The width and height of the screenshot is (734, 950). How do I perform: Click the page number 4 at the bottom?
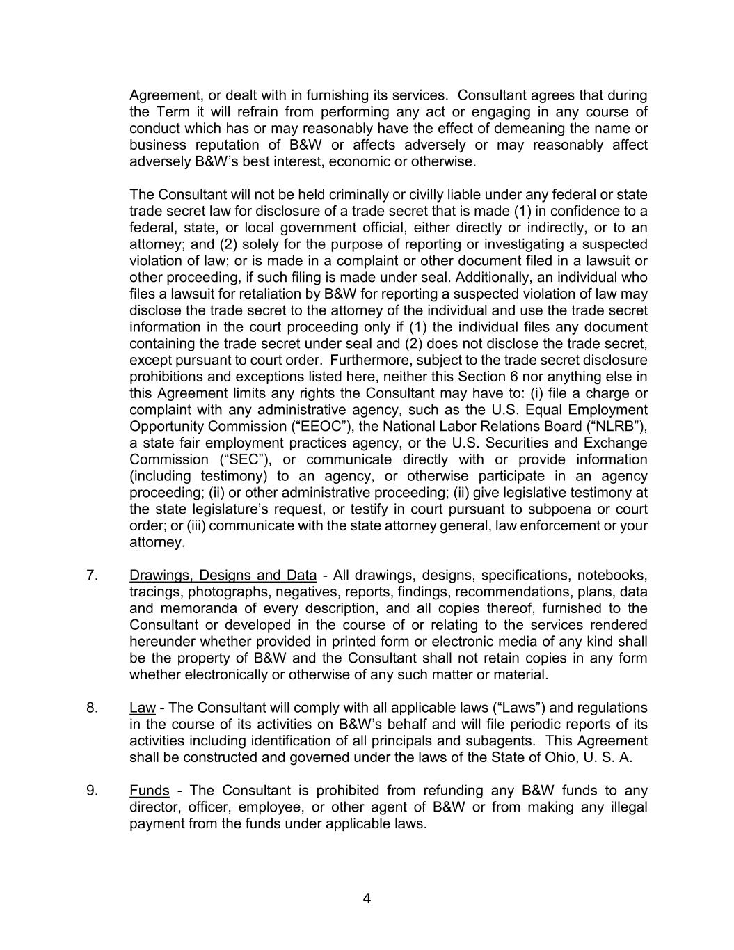(367, 898)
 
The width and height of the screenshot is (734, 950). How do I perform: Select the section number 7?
(92, 576)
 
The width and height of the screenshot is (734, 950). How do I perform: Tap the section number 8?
(92, 708)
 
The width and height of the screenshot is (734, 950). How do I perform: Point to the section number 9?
(92, 791)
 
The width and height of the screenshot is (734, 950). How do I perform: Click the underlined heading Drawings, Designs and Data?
(223, 576)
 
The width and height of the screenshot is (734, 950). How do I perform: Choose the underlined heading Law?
(142, 708)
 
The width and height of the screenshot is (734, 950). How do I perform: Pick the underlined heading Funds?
(149, 791)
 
